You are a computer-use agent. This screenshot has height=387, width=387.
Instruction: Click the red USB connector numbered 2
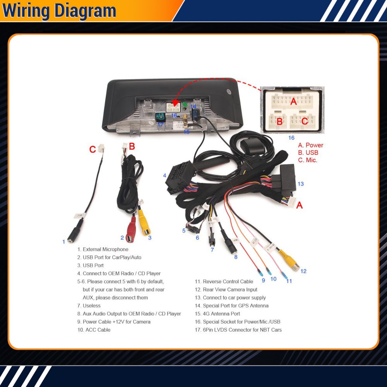pos(131,231)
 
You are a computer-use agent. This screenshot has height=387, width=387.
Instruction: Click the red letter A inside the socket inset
pos(293,101)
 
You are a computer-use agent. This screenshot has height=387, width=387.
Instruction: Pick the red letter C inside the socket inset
pos(305,121)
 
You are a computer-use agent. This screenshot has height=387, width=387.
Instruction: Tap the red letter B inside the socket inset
pos(279,122)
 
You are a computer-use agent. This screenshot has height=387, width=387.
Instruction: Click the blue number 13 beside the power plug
pos(301,184)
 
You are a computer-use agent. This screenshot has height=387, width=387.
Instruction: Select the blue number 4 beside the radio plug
pos(164,176)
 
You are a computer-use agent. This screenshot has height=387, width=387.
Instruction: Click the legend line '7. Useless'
pos(89,306)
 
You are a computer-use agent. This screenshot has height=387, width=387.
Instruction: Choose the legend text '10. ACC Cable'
pos(94,330)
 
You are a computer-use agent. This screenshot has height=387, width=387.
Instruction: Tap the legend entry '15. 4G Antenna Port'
pos(217,314)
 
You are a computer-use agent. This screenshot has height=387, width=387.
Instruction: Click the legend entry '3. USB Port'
pos(90,265)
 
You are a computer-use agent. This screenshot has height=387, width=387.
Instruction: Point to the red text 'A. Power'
pos(310,145)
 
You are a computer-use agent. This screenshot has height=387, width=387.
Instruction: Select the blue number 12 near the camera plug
pos(303,271)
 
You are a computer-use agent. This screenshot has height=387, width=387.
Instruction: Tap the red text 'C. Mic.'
pos(308,160)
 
